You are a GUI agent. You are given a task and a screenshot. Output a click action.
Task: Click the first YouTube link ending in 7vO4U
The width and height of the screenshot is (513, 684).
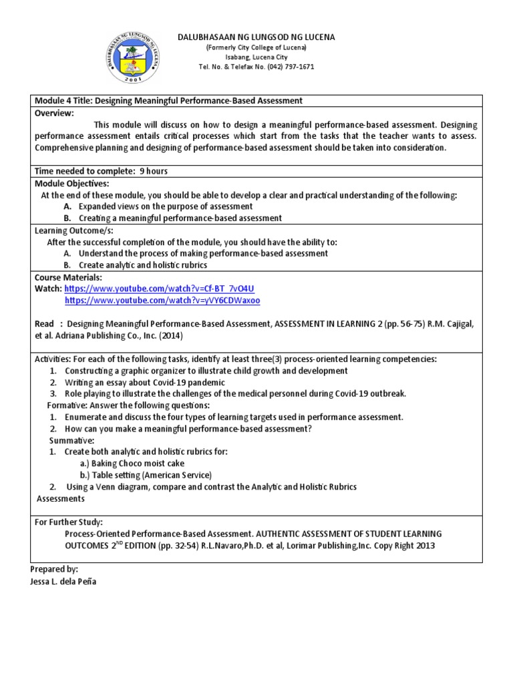159,289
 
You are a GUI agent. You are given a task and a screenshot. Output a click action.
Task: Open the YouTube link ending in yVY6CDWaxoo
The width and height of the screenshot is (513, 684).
162,301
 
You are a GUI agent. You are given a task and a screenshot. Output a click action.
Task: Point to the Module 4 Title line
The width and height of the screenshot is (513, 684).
168,100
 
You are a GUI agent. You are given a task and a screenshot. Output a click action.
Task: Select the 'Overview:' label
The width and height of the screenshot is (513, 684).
53,114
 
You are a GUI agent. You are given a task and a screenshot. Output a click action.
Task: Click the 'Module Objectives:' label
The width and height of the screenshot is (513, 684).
71,183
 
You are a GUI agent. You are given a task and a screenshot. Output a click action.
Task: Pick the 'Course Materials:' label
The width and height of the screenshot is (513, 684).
68,277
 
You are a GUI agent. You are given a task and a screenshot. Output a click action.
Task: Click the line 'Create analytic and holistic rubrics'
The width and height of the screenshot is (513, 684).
143,265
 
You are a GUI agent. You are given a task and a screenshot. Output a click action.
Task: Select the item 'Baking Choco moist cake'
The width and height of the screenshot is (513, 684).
132,463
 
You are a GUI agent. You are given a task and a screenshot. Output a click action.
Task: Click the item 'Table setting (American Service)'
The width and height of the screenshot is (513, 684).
146,475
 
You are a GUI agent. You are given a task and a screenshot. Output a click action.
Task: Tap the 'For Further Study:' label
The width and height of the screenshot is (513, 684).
69,522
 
